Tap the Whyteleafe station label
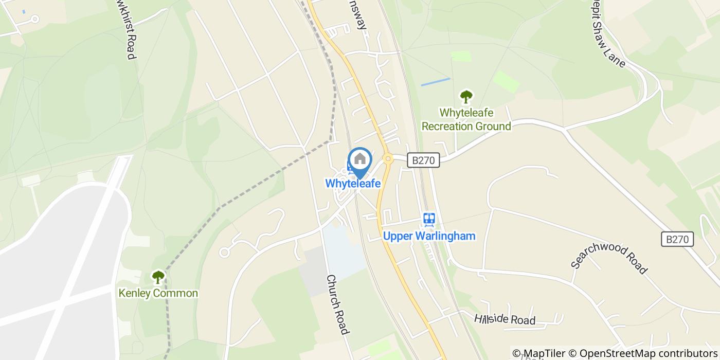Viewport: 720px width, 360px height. (353, 183)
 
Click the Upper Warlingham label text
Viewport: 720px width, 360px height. (429, 236)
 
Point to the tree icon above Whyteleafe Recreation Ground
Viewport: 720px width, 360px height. (466, 96)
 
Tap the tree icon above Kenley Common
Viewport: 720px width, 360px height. (158, 277)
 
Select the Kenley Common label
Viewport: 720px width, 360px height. (158, 293)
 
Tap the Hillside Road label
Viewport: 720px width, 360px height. (505, 319)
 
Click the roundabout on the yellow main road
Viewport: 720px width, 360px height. (388, 159)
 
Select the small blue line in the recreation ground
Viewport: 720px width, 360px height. (435, 82)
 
